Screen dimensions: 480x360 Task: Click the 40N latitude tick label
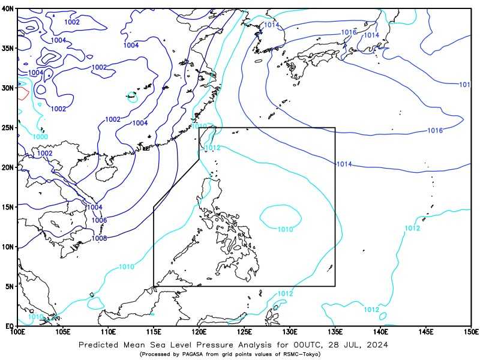[x=8, y=9]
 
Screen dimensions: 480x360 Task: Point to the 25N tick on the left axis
[x=8, y=128]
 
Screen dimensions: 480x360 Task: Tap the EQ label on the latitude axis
[x=10, y=326]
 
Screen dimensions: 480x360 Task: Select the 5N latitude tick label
[x=10, y=286]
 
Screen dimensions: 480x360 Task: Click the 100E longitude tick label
[x=18, y=332]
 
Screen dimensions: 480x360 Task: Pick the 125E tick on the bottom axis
[x=244, y=332]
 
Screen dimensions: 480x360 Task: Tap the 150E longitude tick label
[x=470, y=332]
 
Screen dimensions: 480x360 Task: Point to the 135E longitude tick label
[x=335, y=332]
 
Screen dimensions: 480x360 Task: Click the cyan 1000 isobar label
[x=40, y=137]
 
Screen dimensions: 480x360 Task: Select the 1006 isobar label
[x=99, y=220]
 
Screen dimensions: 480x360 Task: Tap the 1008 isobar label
[x=99, y=238]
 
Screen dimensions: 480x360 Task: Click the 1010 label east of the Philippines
[x=285, y=229]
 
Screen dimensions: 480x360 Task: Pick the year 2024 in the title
[x=375, y=345]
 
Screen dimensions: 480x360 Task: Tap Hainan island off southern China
[x=104, y=175]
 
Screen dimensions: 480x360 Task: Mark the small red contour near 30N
[x=23, y=93]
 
